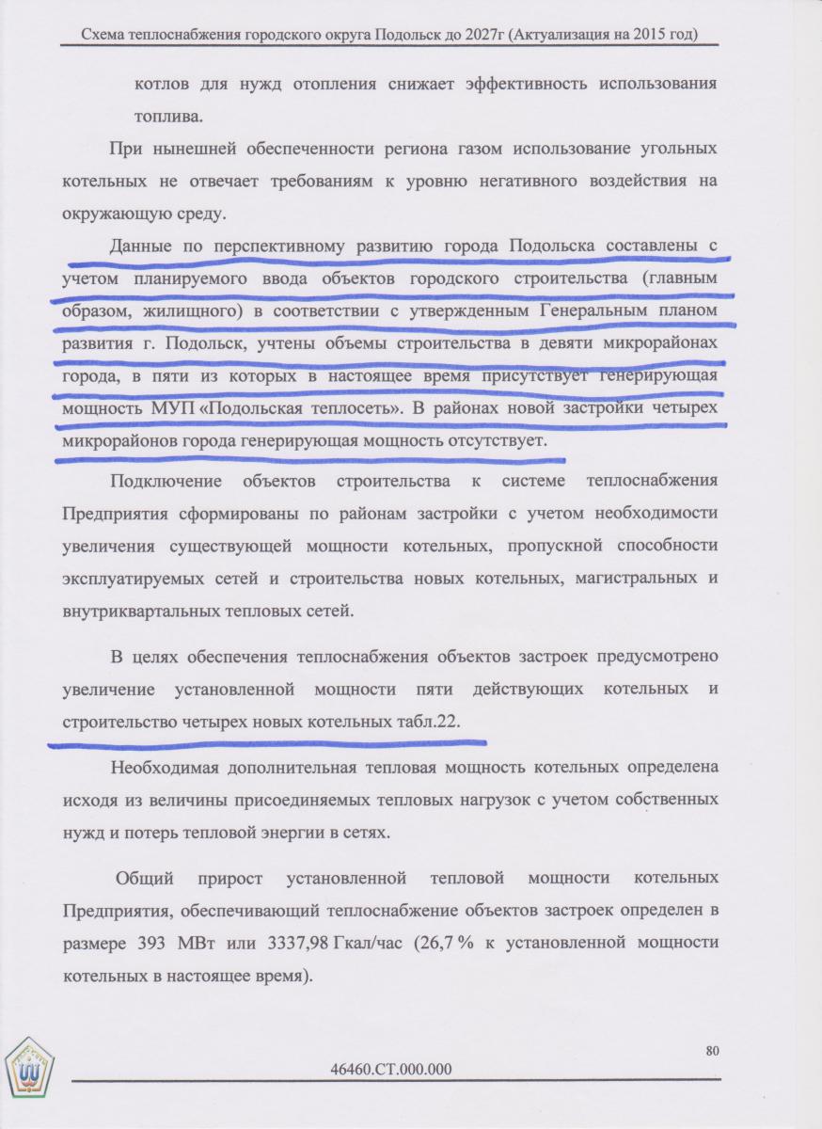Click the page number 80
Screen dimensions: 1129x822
tap(712, 1050)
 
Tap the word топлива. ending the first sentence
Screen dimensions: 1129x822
tap(168, 118)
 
